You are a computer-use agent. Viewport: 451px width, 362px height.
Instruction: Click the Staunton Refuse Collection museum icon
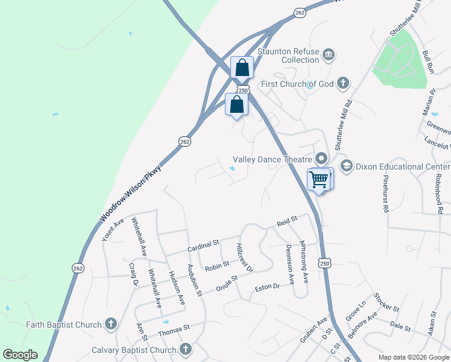[x=328, y=55]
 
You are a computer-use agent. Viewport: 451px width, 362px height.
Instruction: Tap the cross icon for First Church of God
[x=342, y=83]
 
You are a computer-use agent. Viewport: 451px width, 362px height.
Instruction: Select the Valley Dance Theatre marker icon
[x=321, y=159]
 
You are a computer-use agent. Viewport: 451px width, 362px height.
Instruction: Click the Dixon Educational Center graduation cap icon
[x=346, y=165]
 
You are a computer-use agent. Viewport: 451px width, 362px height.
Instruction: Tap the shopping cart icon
[x=318, y=179]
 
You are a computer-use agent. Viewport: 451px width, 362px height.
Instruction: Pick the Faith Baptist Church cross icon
[x=110, y=325]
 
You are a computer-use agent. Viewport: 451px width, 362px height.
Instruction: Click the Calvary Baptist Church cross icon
[x=185, y=349]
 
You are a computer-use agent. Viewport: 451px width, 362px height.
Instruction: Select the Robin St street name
[x=217, y=265]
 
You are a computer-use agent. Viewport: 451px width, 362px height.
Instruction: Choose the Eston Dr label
[x=268, y=287]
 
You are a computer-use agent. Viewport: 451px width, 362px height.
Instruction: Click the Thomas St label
[x=174, y=330]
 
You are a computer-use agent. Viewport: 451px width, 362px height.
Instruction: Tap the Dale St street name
[x=400, y=327]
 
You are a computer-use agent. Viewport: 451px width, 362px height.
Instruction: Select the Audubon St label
[x=194, y=280]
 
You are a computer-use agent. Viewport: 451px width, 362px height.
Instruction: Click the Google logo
[x=20, y=355]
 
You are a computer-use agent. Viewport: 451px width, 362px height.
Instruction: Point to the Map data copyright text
[x=413, y=357]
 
